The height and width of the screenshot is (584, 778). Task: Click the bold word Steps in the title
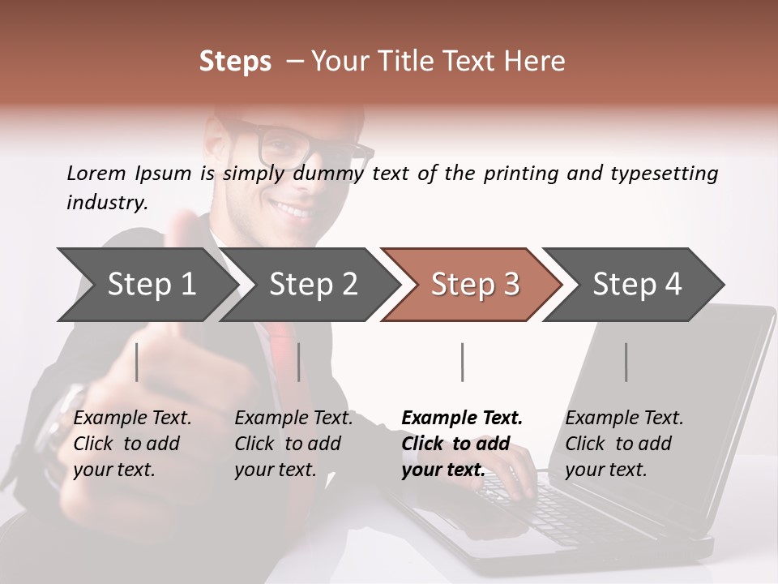(x=235, y=62)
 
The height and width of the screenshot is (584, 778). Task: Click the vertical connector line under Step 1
(x=137, y=362)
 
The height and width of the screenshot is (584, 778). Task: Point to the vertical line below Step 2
(x=299, y=362)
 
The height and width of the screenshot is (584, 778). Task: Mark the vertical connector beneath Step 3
(x=462, y=362)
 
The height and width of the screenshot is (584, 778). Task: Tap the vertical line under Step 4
(x=626, y=362)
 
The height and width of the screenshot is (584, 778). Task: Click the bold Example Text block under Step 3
(x=462, y=444)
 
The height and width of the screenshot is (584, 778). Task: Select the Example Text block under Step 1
(x=132, y=444)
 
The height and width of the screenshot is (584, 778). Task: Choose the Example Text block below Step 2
(x=293, y=444)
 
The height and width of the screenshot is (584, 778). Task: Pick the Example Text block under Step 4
(x=624, y=444)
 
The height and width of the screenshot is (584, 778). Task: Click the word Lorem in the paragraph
(x=96, y=173)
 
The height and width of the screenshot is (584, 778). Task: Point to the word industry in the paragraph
(x=106, y=203)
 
